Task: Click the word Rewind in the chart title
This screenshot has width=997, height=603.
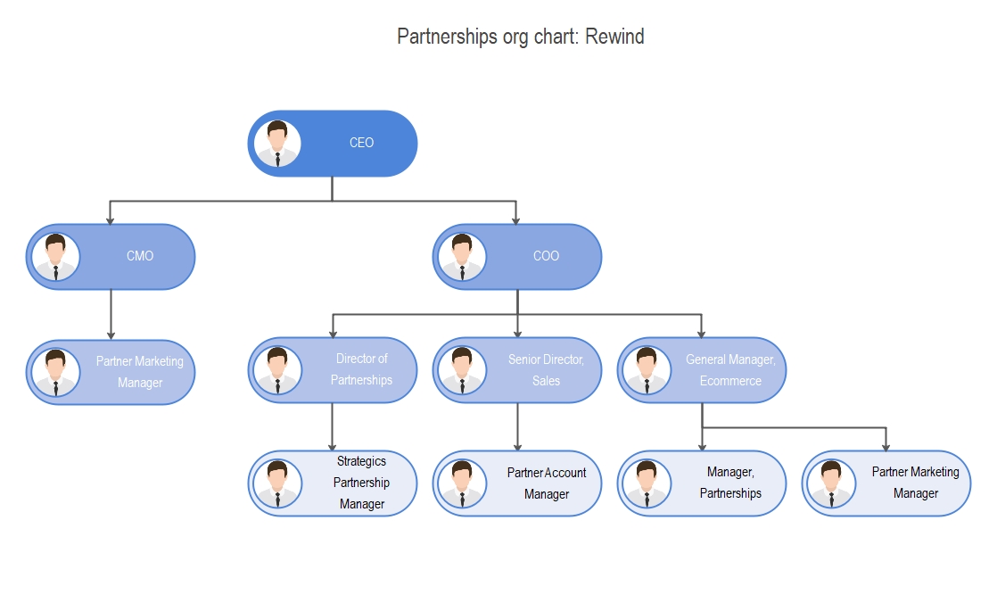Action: click(614, 37)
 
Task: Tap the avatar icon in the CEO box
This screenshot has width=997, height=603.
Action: click(277, 144)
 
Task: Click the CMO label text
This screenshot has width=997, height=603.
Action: click(140, 256)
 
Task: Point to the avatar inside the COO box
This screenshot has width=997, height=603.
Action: click(462, 257)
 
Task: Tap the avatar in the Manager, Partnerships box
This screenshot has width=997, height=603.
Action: click(647, 483)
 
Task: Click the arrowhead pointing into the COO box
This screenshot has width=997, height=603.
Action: click(517, 219)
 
